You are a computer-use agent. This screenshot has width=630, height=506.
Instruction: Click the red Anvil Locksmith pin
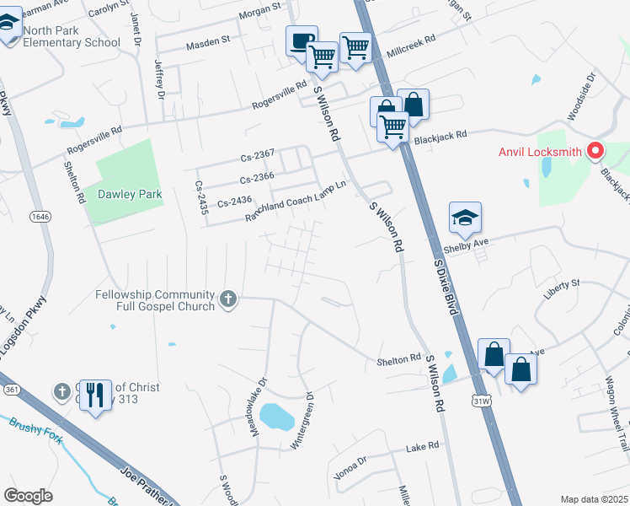pyautogui.click(x=595, y=151)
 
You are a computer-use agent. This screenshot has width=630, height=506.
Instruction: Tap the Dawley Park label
pyautogui.click(x=130, y=194)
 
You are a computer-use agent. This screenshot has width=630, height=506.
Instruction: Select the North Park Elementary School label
pyautogui.click(x=72, y=36)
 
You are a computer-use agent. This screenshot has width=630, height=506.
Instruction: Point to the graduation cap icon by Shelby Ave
pyautogui.click(x=465, y=218)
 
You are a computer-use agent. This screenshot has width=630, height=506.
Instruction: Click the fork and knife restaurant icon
pyautogui.click(x=95, y=394)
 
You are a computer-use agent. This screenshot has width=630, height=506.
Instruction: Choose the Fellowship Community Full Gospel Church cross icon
pyautogui.click(x=227, y=299)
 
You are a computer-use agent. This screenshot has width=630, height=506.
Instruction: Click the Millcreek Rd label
pyautogui.click(x=410, y=45)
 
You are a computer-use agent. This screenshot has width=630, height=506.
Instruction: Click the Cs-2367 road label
pyautogui.click(x=257, y=153)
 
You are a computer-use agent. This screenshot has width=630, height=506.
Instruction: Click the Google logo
pyautogui.click(x=29, y=496)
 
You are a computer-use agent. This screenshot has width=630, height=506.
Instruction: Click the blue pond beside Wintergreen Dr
pyautogui.click(x=276, y=415)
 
